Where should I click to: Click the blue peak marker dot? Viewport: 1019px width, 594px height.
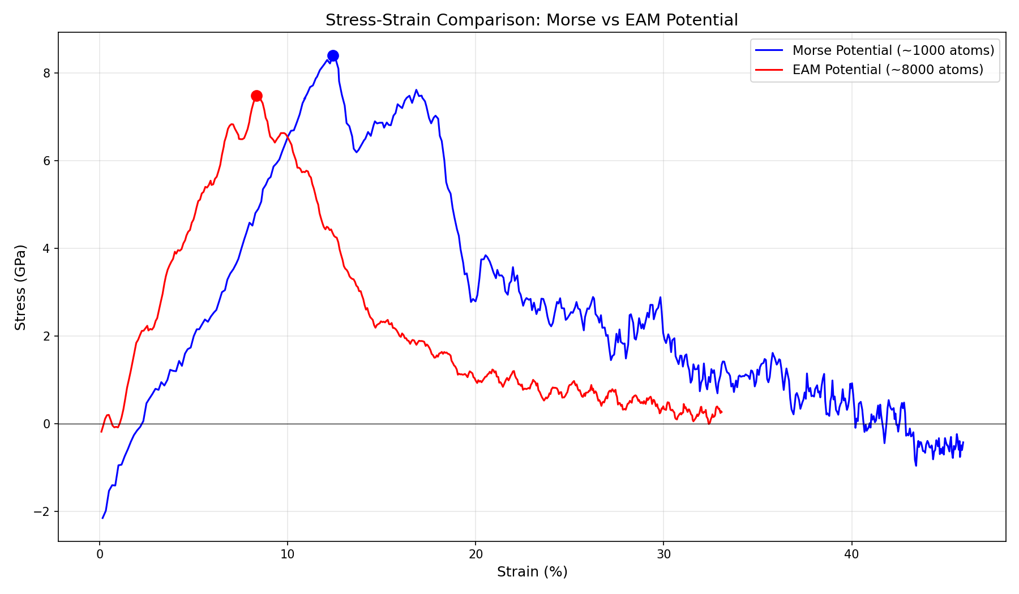(x=333, y=55)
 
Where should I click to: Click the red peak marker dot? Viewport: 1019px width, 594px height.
(x=256, y=96)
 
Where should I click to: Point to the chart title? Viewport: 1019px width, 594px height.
(x=532, y=20)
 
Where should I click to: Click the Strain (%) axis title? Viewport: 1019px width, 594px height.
(x=532, y=572)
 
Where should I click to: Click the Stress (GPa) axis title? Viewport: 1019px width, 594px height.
(x=20, y=287)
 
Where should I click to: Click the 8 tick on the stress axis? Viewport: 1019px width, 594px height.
(x=47, y=73)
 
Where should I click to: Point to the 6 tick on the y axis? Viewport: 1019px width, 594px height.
(x=47, y=161)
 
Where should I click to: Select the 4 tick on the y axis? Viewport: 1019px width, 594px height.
(x=47, y=248)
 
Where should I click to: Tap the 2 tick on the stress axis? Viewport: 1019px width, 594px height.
(x=47, y=336)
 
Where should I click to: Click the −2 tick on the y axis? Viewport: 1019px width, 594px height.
(x=42, y=511)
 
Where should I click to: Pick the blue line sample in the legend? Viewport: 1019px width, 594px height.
(x=769, y=50)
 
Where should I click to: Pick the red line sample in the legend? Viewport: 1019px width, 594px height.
(x=769, y=70)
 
